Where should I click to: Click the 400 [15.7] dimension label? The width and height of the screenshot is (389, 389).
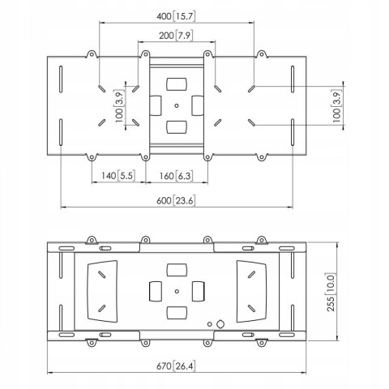click(x=176, y=16)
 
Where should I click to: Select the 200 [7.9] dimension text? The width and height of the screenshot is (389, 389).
click(x=176, y=36)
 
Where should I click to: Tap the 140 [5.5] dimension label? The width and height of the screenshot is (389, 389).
click(x=118, y=176)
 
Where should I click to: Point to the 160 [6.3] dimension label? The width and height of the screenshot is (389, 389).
click(x=176, y=176)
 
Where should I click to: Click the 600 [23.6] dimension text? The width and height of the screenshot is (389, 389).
click(x=176, y=201)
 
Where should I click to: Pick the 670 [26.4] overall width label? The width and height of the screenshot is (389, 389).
click(x=176, y=366)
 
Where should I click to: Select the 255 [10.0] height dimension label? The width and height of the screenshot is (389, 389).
click(x=331, y=293)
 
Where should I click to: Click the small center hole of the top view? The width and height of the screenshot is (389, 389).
click(x=177, y=105)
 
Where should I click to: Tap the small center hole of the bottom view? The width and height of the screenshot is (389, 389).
click(x=177, y=291)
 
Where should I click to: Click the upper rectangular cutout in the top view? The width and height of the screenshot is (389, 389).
click(x=177, y=84)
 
